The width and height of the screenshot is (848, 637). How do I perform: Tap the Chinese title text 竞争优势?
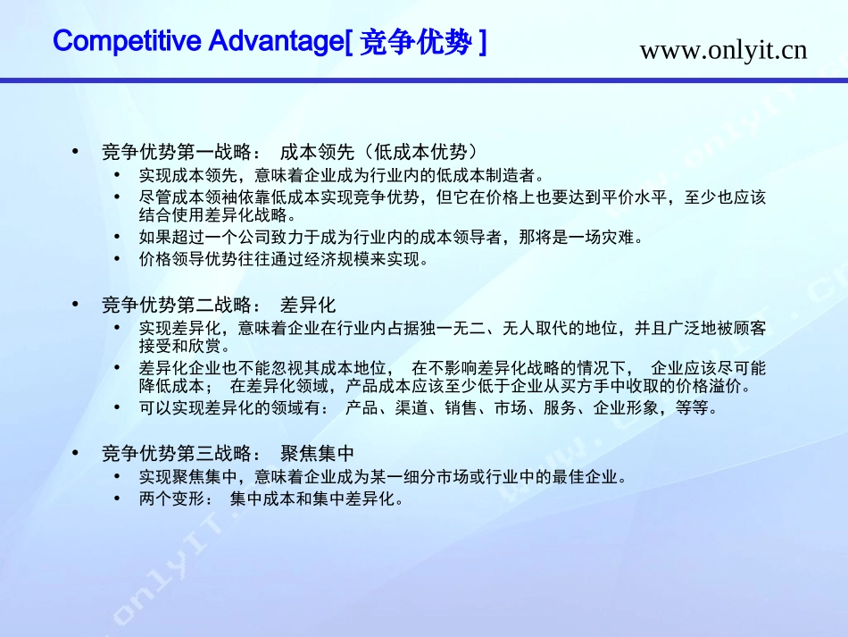(x=414, y=43)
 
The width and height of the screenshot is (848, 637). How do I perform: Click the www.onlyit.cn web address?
(x=723, y=50)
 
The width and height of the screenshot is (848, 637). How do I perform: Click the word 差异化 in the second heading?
(x=308, y=305)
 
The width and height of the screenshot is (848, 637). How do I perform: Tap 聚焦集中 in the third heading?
(x=318, y=453)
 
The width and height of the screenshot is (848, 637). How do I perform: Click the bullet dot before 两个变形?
(x=119, y=499)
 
